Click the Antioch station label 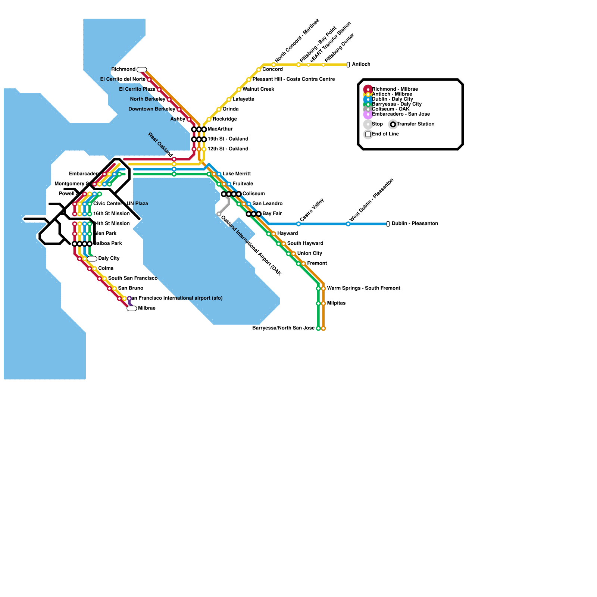pyautogui.click(x=361, y=65)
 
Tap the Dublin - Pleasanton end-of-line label pyautogui.click(x=415, y=224)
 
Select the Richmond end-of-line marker pyautogui.click(x=142, y=69)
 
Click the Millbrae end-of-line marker pyautogui.click(x=132, y=309)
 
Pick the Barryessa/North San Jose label pyautogui.click(x=283, y=328)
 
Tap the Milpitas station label pyautogui.click(x=336, y=303)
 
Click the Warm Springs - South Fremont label pyautogui.click(x=363, y=288)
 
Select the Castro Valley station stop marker pyautogui.click(x=298, y=224)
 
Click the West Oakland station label pyautogui.click(x=160, y=144)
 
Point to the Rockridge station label pyautogui.click(x=225, y=119)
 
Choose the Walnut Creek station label pyautogui.click(x=258, y=89)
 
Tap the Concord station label pyautogui.click(x=272, y=69)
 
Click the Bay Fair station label pyautogui.click(x=272, y=213)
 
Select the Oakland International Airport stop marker pyautogui.click(x=219, y=214)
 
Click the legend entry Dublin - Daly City pyautogui.click(x=393, y=99)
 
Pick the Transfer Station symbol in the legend pyautogui.click(x=393, y=124)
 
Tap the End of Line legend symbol pyautogui.click(x=368, y=134)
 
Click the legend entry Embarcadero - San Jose pyautogui.click(x=401, y=114)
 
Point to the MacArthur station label pyautogui.click(x=220, y=129)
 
